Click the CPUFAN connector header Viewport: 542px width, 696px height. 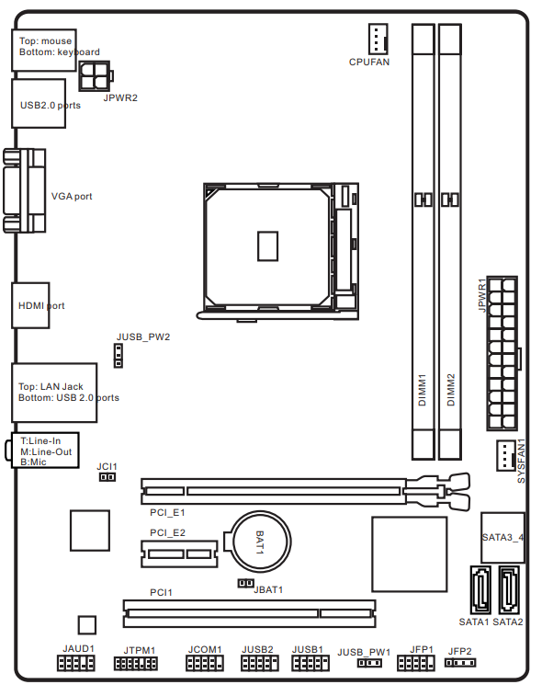(x=378, y=39)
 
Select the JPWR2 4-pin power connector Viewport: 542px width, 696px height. (x=96, y=76)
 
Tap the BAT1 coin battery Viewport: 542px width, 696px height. (x=261, y=542)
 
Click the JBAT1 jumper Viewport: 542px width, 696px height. (x=245, y=583)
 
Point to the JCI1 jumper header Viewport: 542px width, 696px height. (x=107, y=477)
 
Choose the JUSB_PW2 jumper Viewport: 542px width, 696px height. (x=119, y=356)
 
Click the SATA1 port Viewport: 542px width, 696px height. (x=480, y=589)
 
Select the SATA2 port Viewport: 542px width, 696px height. (x=509, y=589)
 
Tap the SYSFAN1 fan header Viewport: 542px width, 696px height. (x=506, y=455)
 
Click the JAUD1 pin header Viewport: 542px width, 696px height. (x=76, y=663)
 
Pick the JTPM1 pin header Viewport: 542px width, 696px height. (x=136, y=664)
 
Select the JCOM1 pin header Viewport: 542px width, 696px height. (x=205, y=663)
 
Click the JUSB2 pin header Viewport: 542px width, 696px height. (x=259, y=663)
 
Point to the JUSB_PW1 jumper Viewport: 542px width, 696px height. (x=369, y=663)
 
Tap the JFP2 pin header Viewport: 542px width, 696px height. (x=460, y=663)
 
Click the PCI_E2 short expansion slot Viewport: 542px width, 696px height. (x=179, y=554)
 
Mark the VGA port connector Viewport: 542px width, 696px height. (x=25, y=190)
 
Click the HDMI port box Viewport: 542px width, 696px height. (x=30, y=305)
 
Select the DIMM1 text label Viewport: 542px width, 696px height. (x=423, y=390)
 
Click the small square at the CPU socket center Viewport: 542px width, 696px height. (x=268, y=245)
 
